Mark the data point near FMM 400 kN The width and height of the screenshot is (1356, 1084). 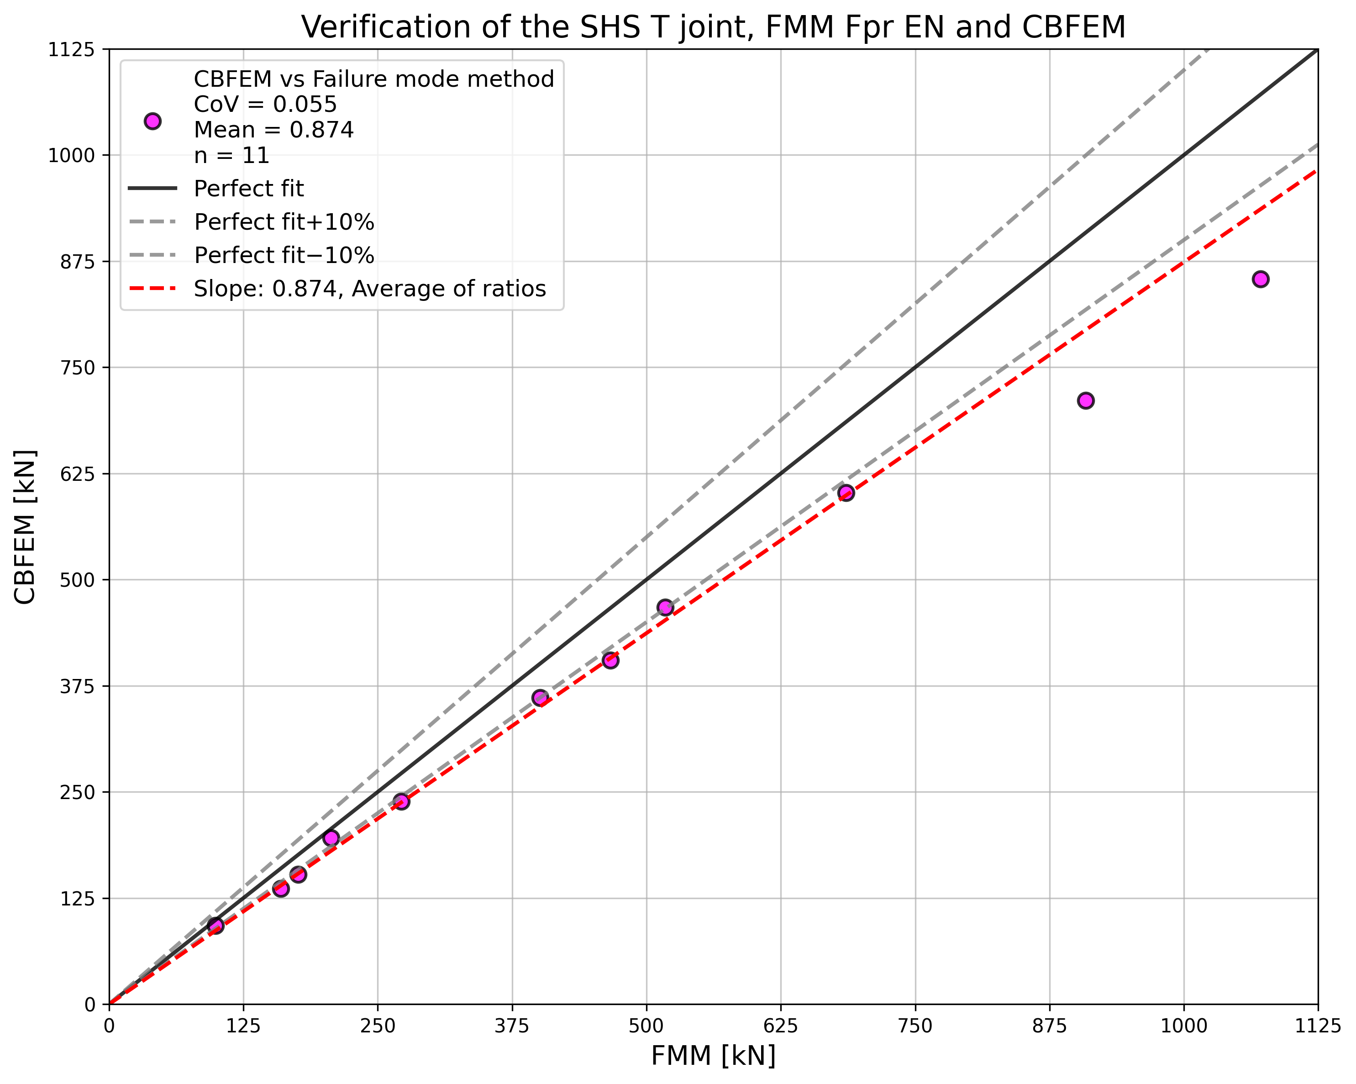[x=540, y=697]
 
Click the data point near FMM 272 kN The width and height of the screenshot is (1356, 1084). [x=401, y=801]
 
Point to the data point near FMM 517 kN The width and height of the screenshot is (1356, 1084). [x=665, y=607]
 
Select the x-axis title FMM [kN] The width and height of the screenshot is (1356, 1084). [x=713, y=1056]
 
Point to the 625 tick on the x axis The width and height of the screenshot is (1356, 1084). [x=781, y=1026]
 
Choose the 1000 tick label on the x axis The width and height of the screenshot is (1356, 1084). [x=1184, y=1026]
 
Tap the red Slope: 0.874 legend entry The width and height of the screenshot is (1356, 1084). [x=370, y=289]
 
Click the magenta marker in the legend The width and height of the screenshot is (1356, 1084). [x=152, y=121]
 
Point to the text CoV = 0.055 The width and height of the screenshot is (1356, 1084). [x=265, y=105]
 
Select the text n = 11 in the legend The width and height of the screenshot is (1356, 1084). [x=231, y=155]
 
